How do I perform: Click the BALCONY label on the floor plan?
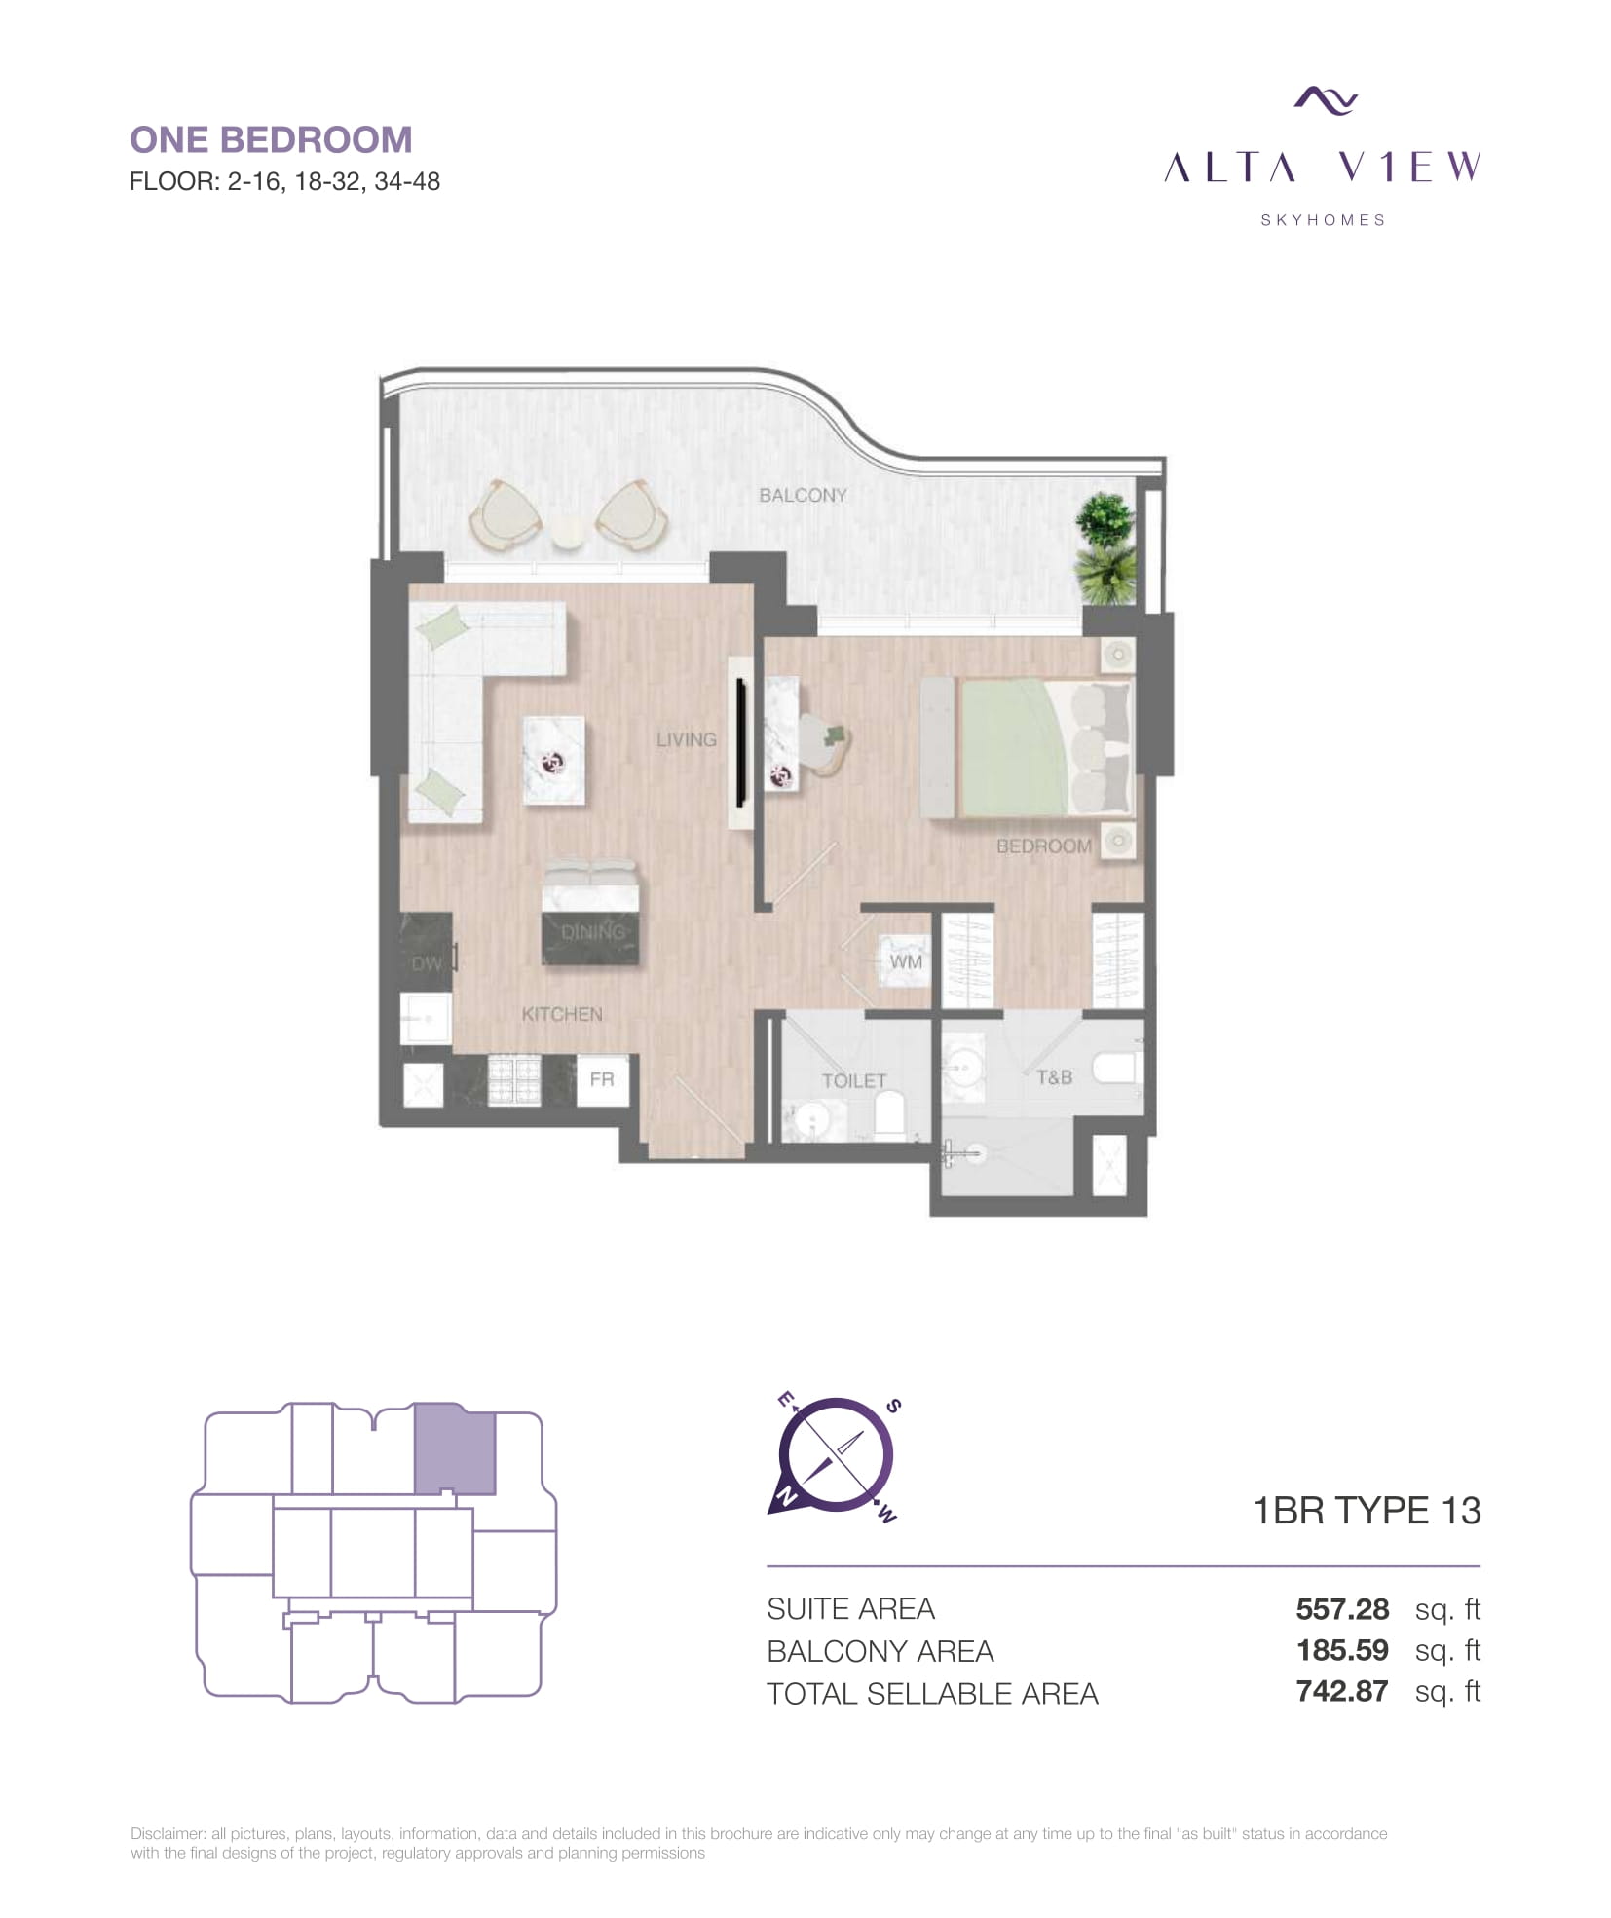[x=803, y=495]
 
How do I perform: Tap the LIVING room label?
[x=686, y=739]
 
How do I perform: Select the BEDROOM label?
[x=1043, y=846]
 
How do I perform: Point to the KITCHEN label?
[x=562, y=1014]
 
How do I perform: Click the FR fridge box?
[x=602, y=1079]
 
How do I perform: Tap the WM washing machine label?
[x=906, y=961]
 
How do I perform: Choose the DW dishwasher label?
[x=427, y=963]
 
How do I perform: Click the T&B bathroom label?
[x=1054, y=1077]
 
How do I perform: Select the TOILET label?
[x=853, y=1081]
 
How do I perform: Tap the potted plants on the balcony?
[x=1105, y=548]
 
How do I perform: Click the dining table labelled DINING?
[x=590, y=912]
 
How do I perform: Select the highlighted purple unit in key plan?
[x=455, y=1448]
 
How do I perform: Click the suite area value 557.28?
[x=1342, y=1609]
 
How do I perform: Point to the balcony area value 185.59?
[x=1342, y=1650]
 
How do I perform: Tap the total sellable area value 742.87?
[x=1342, y=1691]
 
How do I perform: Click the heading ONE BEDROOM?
[x=271, y=139]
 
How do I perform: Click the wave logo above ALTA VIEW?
[x=1325, y=100]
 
